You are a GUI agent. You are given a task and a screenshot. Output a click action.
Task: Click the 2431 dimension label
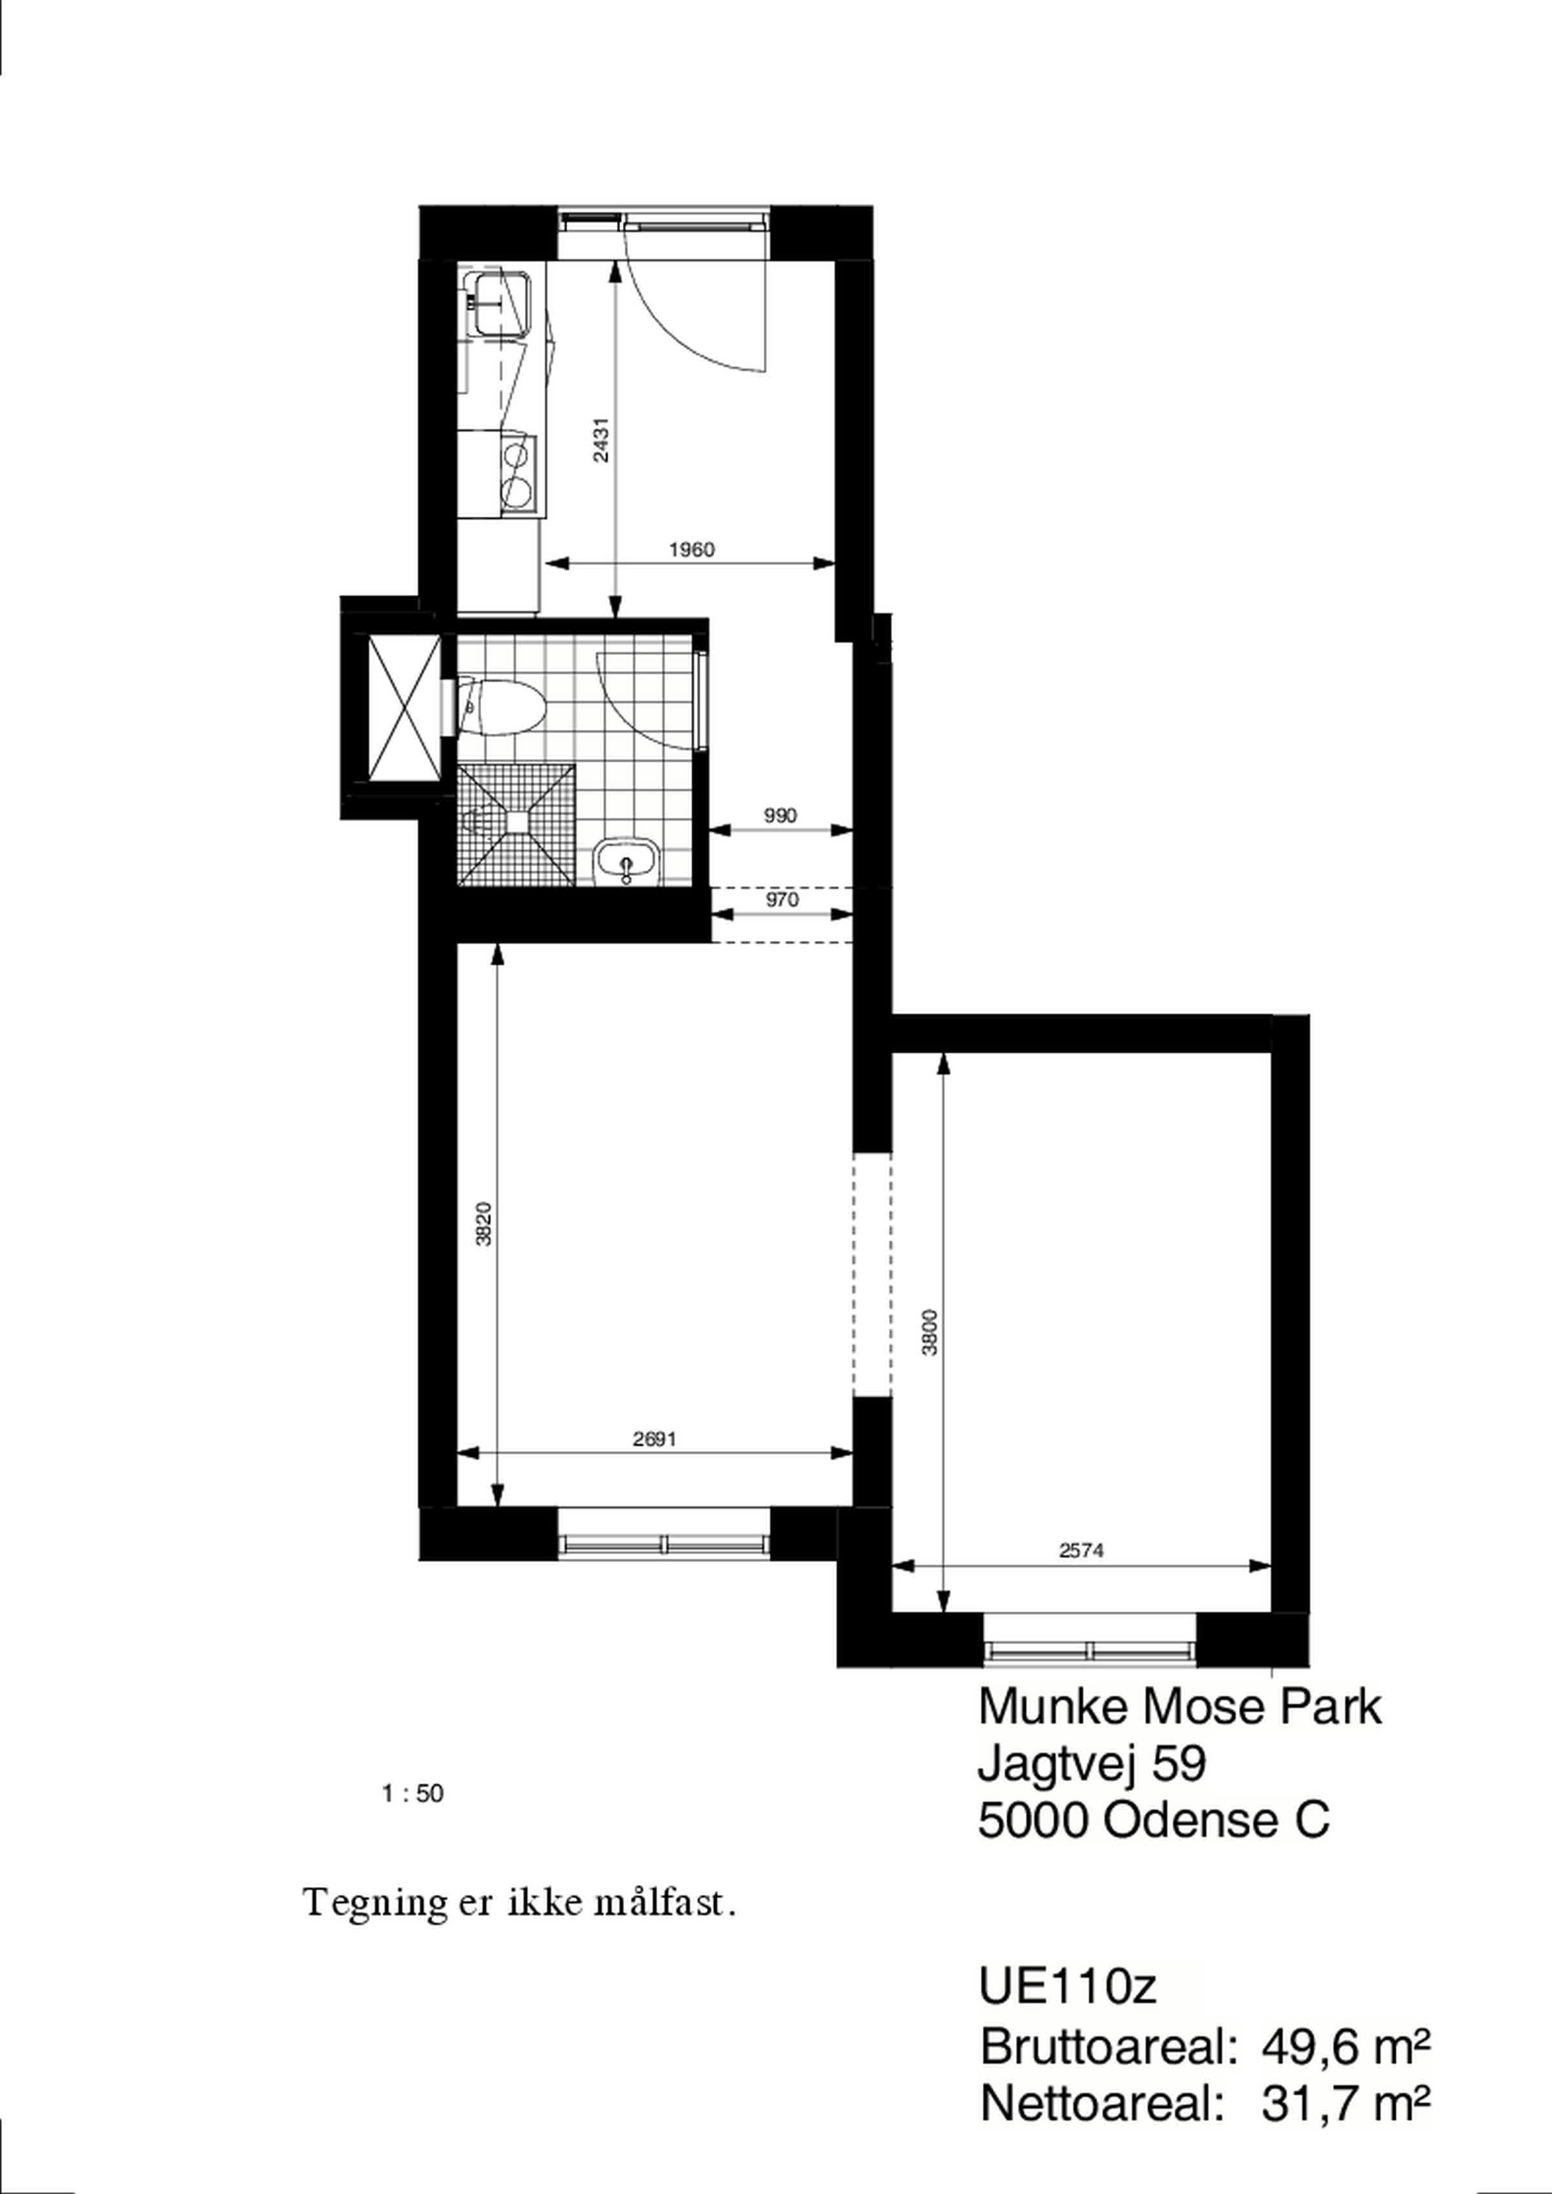tap(600, 440)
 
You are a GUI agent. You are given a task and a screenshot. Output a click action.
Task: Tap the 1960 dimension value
tap(691, 549)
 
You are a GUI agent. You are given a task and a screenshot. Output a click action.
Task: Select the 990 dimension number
tap(780, 815)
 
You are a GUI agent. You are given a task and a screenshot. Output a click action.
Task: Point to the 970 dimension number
tap(782, 899)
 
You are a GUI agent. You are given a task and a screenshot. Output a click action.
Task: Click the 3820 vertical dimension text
tap(484, 1223)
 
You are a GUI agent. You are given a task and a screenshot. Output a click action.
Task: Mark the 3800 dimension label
tap(930, 1331)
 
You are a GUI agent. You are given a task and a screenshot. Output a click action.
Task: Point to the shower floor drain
tap(518, 820)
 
